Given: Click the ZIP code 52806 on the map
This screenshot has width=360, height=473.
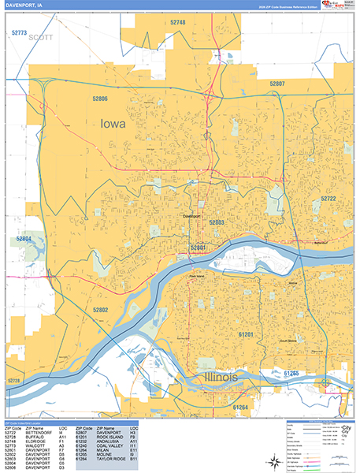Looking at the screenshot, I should (x=99, y=99).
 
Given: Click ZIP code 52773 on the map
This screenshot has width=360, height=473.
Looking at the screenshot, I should (x=20, y=32).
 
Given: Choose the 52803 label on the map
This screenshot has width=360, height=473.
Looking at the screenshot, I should (x=217, y=223).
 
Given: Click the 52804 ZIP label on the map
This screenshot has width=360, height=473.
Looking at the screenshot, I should (x=23, y=238).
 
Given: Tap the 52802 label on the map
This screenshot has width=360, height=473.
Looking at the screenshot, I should (x=100, y=310).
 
